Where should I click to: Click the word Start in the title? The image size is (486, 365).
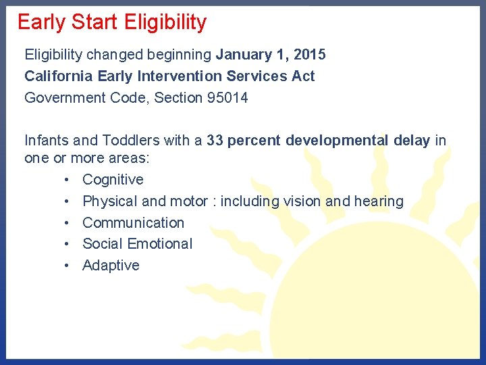93,22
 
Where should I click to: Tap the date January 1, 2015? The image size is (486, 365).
271,54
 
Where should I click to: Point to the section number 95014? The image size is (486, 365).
227,97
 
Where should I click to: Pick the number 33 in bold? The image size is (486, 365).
215,140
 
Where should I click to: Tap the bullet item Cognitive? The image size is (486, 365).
113,179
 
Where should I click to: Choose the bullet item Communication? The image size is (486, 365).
133,222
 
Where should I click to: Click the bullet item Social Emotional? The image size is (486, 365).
137,243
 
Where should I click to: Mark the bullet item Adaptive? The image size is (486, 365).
111,265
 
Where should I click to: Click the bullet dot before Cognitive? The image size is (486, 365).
68,180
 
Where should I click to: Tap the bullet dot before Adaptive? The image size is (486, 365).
68,266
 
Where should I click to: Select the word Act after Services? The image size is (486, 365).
303,76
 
